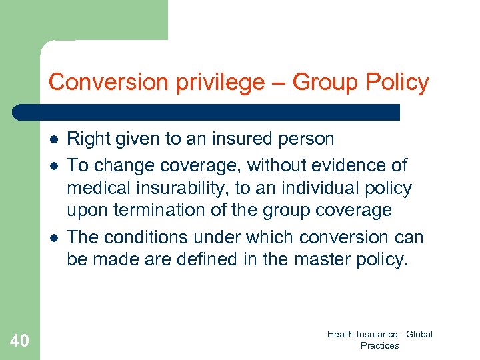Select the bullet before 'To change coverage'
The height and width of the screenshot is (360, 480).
[x=53, y=165]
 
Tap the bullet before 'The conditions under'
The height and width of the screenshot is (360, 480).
[x=53, y=237]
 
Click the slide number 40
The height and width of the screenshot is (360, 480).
[x=19, y=341]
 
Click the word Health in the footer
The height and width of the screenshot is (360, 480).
[x=342, y=334]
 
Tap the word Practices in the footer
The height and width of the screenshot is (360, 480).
[x=379, y=345]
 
